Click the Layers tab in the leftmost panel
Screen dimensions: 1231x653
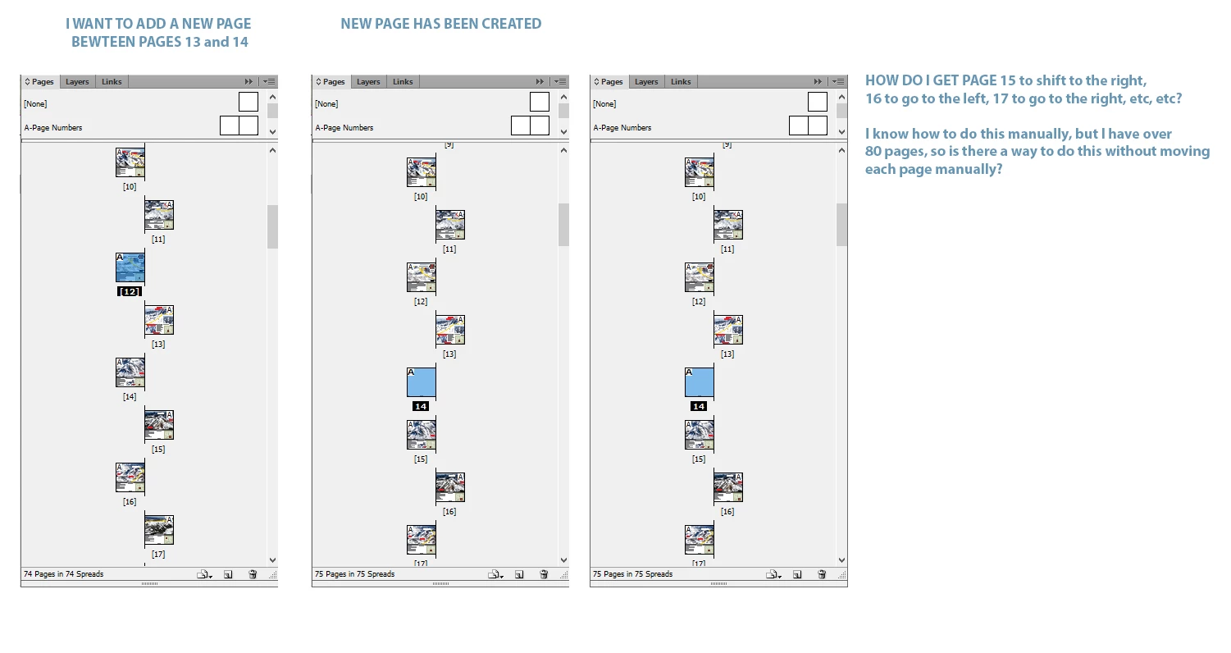(77, 81)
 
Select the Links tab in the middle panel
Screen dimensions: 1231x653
(403, 81)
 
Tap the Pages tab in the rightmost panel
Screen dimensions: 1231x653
(609, 81)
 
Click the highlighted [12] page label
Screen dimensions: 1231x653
(130, 291)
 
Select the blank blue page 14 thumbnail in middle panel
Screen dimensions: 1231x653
(422, 382)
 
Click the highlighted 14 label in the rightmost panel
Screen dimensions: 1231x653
(699, 406)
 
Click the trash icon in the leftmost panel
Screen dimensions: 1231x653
(253, 574)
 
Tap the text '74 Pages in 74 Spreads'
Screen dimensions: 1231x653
(64, 574)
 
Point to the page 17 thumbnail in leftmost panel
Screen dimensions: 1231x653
(159, 530)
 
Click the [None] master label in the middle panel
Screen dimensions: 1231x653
(326, 103)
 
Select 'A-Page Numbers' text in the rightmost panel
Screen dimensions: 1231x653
(622, 127)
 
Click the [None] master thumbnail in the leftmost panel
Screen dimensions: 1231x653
(248, 102)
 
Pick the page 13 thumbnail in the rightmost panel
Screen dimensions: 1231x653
(728, 330)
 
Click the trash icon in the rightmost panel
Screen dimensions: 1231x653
(822, 574)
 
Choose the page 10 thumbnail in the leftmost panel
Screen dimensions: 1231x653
(130, 162)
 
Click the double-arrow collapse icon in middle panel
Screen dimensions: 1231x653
(540, 81)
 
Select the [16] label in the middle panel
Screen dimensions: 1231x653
(449, 511)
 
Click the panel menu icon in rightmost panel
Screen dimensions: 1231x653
(838, 81)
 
